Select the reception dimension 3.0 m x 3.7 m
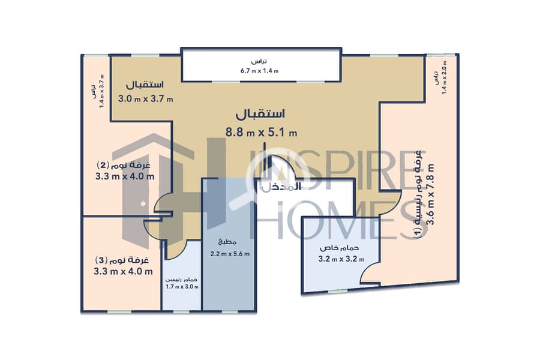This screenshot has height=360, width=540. tap(145, 100)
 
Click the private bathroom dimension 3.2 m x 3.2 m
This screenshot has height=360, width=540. tap(341, 259)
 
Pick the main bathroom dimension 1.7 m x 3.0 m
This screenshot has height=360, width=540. tap(182, 287)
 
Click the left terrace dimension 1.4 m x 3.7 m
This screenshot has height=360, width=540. tap(97, 91)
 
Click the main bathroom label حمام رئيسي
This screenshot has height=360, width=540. tap(182, 280)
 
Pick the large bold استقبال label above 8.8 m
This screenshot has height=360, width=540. tap(260, 113)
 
